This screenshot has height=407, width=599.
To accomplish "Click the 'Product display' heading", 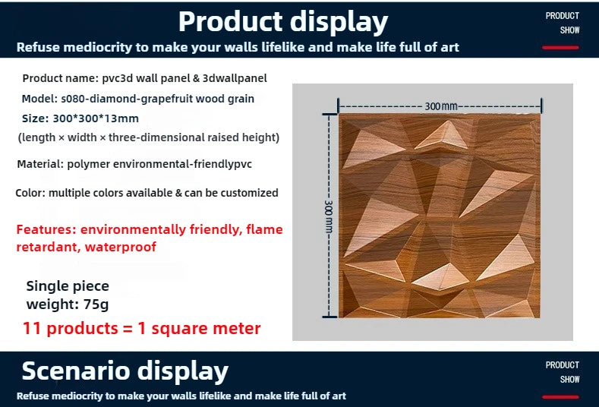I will click(282, 21).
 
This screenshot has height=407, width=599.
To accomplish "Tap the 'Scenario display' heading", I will click(125, 371).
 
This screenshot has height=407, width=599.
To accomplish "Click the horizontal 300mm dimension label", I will click(441, 106).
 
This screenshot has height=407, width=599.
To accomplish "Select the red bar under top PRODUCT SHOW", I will click(562, 48).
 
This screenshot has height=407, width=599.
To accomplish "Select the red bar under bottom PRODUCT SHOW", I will click(562, 396).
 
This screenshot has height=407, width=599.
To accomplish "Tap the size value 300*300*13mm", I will click(95, 118).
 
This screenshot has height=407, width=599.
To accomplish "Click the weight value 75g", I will click(95, 304).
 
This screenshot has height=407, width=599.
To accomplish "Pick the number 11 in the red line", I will click(31, 329).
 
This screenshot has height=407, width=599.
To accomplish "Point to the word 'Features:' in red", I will click(46, 229).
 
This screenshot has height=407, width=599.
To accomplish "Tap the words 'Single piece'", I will click(68, 286).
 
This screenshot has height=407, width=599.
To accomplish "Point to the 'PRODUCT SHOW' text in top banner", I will click(562, 23).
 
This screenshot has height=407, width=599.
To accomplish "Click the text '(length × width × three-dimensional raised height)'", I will click(149, 137).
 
